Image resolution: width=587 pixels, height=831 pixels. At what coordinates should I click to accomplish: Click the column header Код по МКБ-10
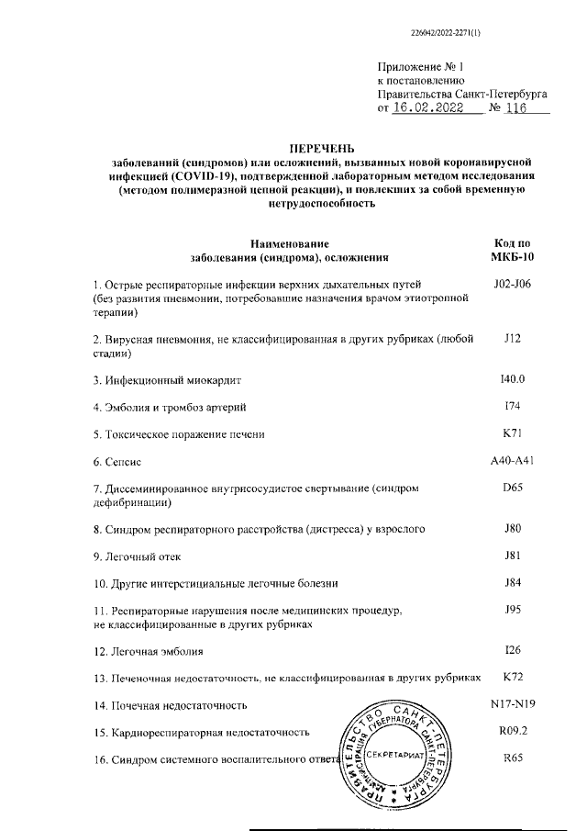[512, 251]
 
